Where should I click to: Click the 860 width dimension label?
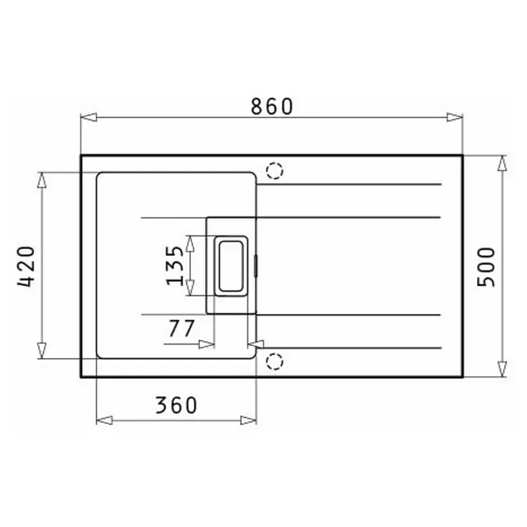coord(272,107)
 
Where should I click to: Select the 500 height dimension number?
coord(486,267)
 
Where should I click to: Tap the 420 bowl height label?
coord(27,267)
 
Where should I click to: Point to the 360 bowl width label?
coord(176,405)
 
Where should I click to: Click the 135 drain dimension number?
coord(175,266)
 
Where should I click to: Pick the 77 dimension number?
coord(182,329)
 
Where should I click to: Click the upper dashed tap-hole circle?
coord(275,170)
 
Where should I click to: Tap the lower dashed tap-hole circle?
coord(275,362)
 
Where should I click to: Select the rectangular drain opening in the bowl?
coord(231,266)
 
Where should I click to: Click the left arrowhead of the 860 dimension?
coord(89,117)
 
